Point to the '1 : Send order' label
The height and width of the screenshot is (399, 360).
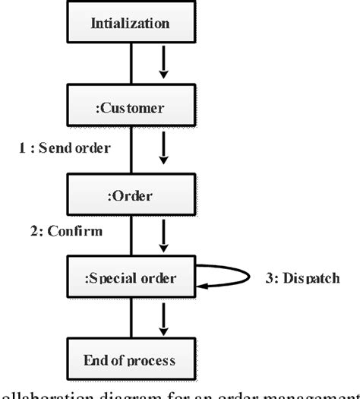65,148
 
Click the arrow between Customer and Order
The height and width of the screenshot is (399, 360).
163,152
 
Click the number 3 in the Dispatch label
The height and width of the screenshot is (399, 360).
268,278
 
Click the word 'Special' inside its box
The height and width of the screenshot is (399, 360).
111,278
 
